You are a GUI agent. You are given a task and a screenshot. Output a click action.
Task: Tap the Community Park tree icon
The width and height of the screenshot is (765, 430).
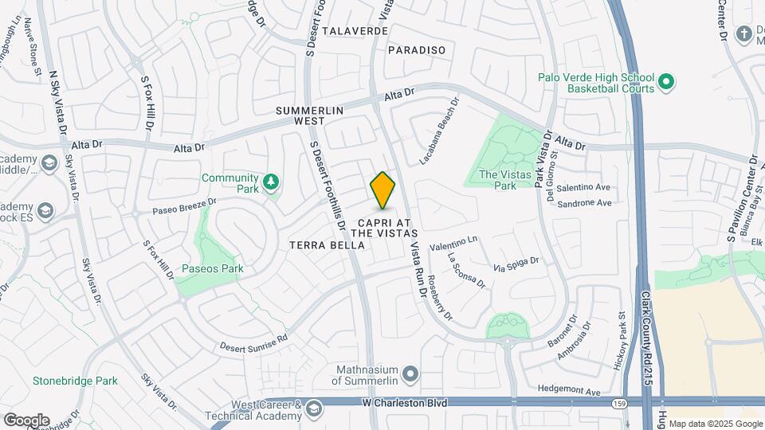pyautogui.click(x=272, y=183)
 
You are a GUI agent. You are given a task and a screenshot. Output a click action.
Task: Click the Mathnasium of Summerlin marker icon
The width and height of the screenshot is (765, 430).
pyautogui.click(x=410, y=373)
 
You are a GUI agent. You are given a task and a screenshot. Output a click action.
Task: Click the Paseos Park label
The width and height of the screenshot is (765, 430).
pyautogui.click(x=211, y=268)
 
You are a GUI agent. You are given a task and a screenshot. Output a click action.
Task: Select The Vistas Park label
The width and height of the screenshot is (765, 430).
pyautogui.click(x=509, y=180)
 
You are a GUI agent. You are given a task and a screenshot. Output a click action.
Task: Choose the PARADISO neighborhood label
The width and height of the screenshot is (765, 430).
pyautogui.click(x=417, y=50)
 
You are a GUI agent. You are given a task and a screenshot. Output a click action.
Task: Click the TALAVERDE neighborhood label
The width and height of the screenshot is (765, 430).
pyautogui.click(x=355, y=30)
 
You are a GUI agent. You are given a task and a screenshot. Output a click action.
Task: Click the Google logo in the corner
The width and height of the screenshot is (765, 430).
pyautogui.click(x=25, y=420)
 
